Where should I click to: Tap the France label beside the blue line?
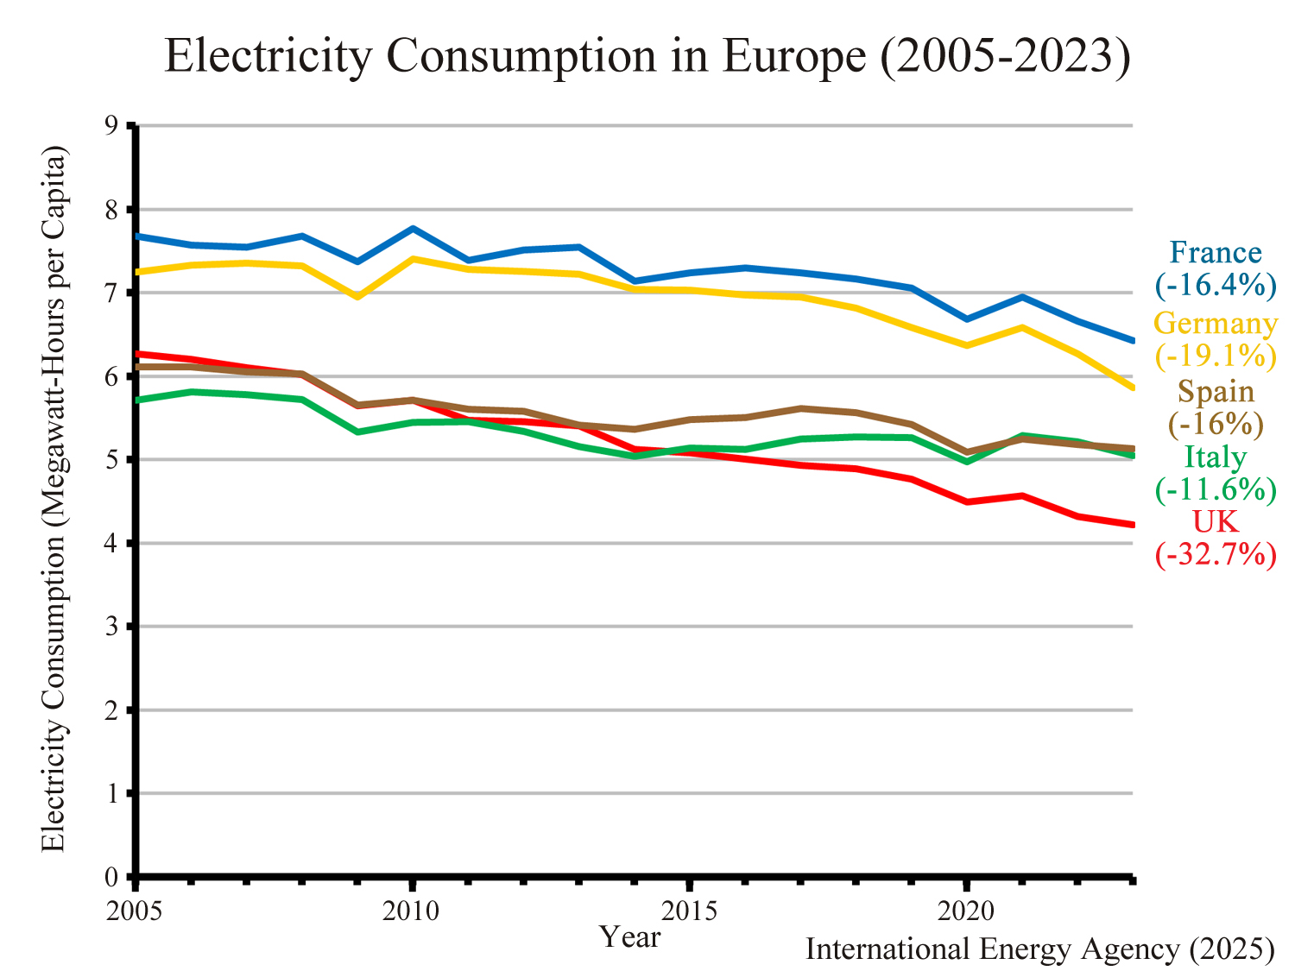[1216, 253]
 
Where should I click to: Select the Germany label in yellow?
[1216, 324]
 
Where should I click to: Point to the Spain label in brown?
[1216, 392]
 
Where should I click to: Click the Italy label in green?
[1216, 457]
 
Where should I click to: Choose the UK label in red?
[1216, 521]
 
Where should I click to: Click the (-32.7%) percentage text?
[1216, 554]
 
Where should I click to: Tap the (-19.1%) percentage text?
[1216, 356]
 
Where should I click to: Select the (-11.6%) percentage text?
[1216, 489]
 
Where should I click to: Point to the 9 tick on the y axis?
[111, 126]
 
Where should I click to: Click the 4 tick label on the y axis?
[111, 544]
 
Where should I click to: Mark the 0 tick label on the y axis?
[111, 878]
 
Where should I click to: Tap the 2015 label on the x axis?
[689, 911]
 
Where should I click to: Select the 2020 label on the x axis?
[966, 911]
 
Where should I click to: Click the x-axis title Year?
[631, 936]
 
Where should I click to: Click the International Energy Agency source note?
[1039, 949]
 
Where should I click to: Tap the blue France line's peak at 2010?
[413, 229]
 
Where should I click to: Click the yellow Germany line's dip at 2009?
[357, 297]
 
